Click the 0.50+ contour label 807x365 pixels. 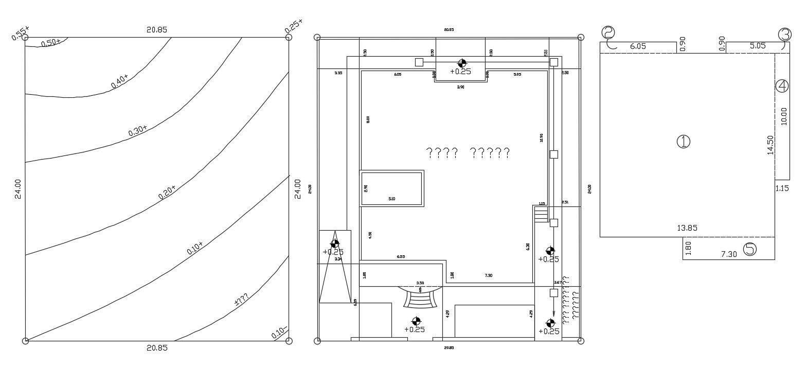point(51,43)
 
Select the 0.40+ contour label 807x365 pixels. point(119,81)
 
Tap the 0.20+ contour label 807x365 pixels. point(167,192)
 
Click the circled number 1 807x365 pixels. point(683,142)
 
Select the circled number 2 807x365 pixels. point(608,33)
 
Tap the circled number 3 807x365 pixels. point(785,34)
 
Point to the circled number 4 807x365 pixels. point(782,85)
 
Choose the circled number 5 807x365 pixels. point(750,249)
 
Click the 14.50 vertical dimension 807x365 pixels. point(770,145)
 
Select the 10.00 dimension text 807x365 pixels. point(783,116)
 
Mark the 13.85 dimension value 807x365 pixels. point(688,228)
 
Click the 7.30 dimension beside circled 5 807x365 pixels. point(729,254)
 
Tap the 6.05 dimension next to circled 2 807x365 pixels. point(638,46)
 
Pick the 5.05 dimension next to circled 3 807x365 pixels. point(757,46)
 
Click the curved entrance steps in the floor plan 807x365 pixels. point(421,298)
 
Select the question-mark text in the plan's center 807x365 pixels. point(468,152)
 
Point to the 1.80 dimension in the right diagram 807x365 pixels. point(689,248)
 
